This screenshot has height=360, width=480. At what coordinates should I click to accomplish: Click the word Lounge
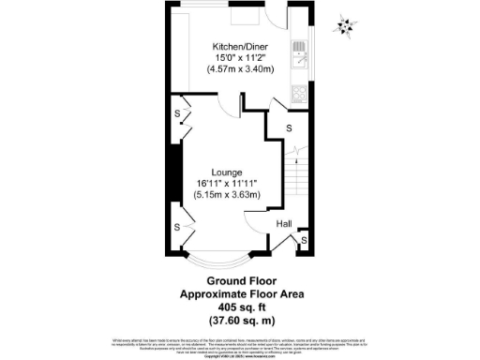pyautogui.click(x=227, y=172)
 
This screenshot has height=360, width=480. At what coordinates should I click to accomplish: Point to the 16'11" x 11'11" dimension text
pyautogui.click(x=227, y=184)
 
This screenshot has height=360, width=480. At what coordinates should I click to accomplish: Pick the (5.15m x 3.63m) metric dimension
pyautogui.click(x=227, y=196)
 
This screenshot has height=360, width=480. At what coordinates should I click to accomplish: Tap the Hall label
pyautogui.click(x=283, y=224)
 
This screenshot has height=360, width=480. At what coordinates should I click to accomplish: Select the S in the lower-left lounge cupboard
pyautogui.click(x=177, y=227)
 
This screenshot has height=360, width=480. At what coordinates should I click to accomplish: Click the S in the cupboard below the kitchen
pyautogui.click(x=288, y=127)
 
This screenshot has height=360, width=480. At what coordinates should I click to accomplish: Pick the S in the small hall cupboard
pyautogui.click(x=301, y=242)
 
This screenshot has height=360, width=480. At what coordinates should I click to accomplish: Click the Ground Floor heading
pyautogui.click(x=242, y=281)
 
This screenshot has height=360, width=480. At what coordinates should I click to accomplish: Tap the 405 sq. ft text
pyautogui.click(x=242, y=305)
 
